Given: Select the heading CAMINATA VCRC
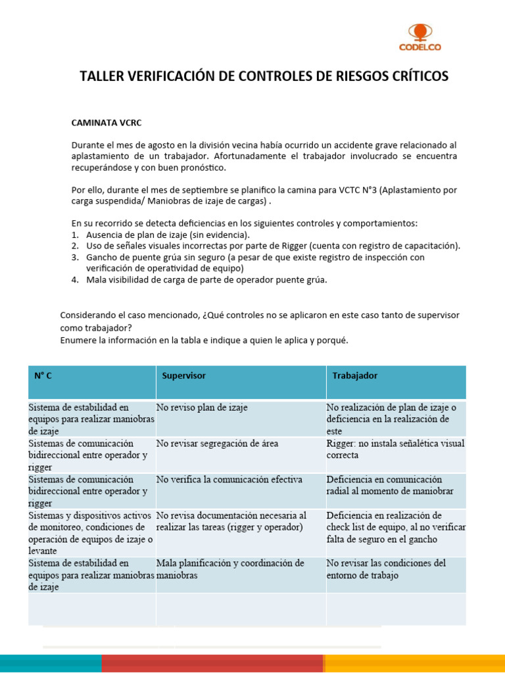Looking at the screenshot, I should pos(107,122).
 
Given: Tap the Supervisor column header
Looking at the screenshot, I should pos(184,375).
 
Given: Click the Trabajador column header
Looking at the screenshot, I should pos(355,375).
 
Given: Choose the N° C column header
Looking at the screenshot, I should pos(43,375).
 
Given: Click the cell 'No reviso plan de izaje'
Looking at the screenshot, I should pos(202,407).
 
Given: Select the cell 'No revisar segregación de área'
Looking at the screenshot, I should pos(217,444).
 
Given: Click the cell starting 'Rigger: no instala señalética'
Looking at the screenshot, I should pos(395,449).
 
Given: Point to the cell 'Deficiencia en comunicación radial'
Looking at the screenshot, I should pos(391,485).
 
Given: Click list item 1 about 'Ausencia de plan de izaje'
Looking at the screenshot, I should pos(168,235).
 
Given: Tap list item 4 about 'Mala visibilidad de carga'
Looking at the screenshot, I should pos(206,279).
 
